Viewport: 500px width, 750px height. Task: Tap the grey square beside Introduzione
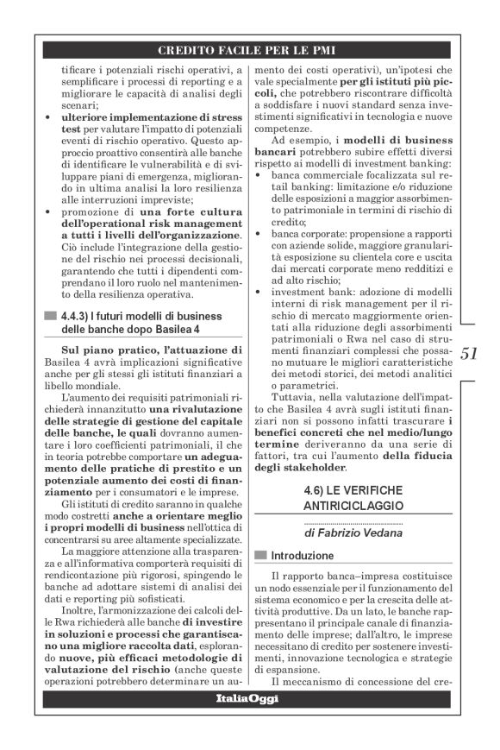pos(259,554)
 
